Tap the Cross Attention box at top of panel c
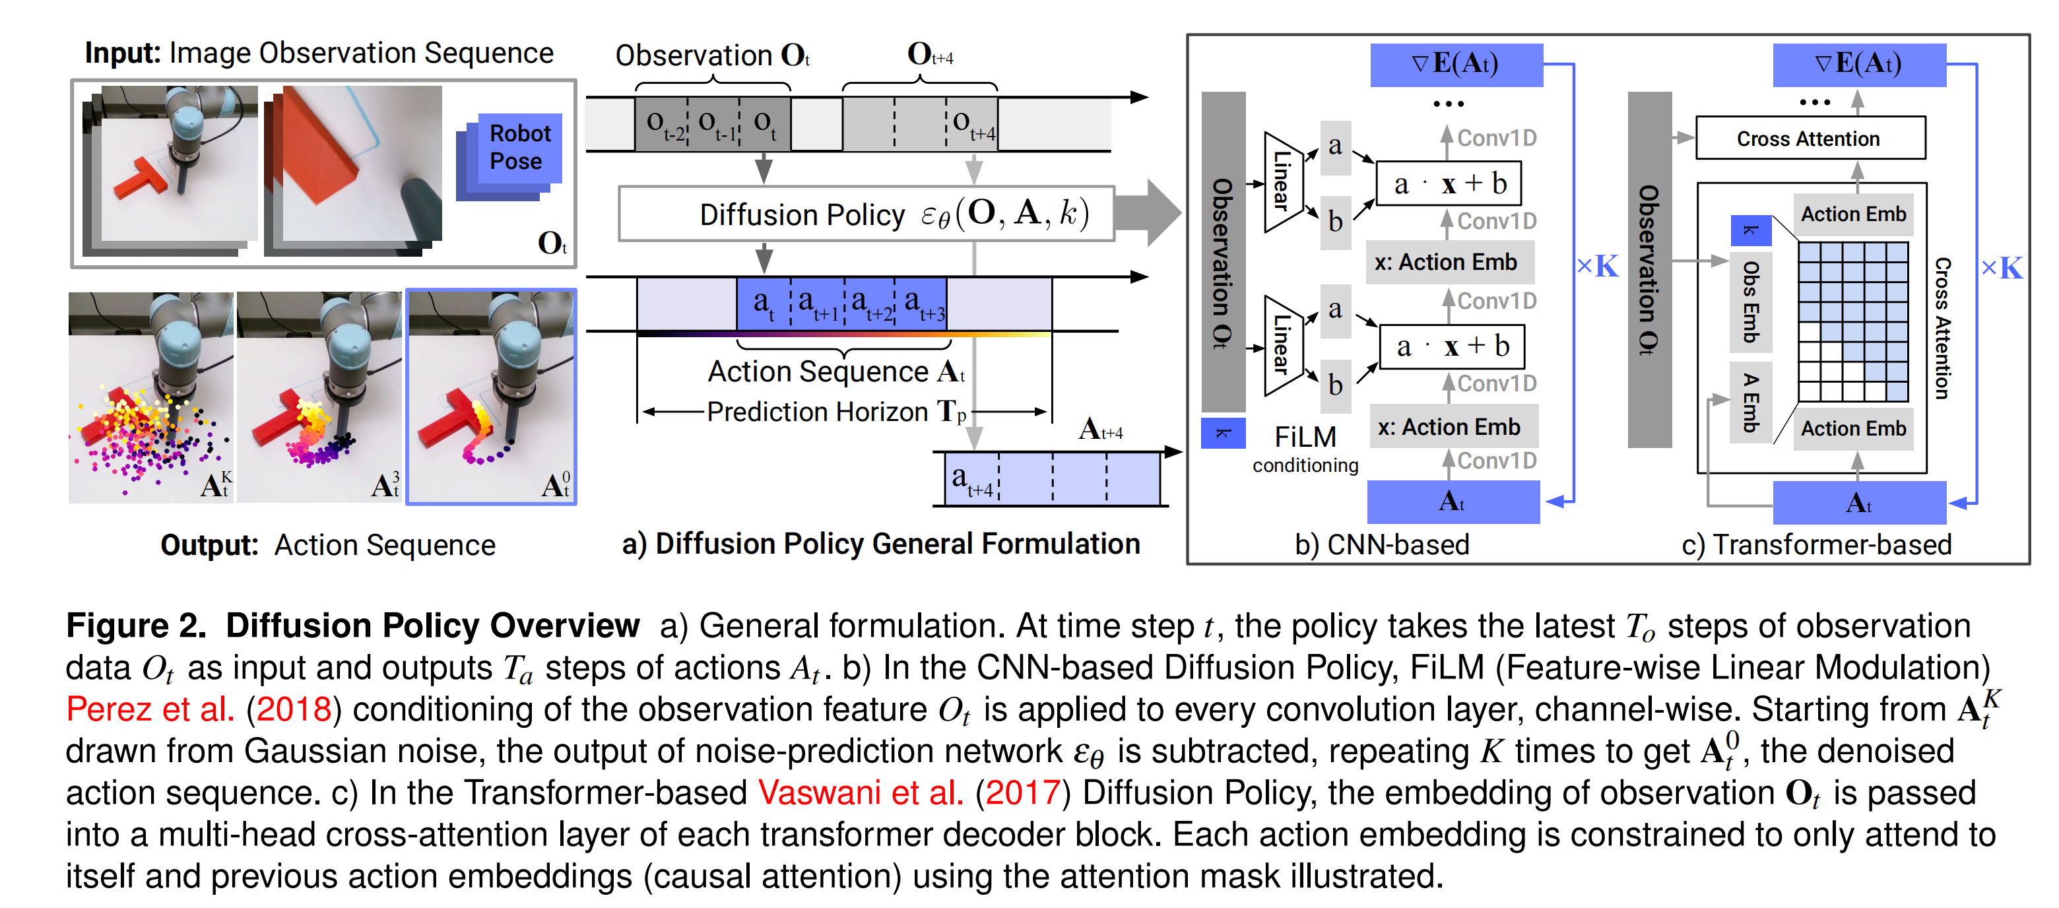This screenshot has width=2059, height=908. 1810,139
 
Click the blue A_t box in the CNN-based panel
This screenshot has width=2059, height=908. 1453,502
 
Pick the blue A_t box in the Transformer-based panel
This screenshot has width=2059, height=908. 1858,503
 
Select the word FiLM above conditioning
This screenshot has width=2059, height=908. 1305,436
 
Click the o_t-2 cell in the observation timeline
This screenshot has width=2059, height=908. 663,124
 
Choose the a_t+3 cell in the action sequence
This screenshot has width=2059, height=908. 921,304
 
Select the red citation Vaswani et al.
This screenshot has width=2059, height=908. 860,793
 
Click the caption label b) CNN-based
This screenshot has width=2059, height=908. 1382,544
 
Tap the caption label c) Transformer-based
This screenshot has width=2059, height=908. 1816,544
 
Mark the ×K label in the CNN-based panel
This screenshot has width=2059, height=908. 1597,266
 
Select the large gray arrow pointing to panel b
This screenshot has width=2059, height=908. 1150,212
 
